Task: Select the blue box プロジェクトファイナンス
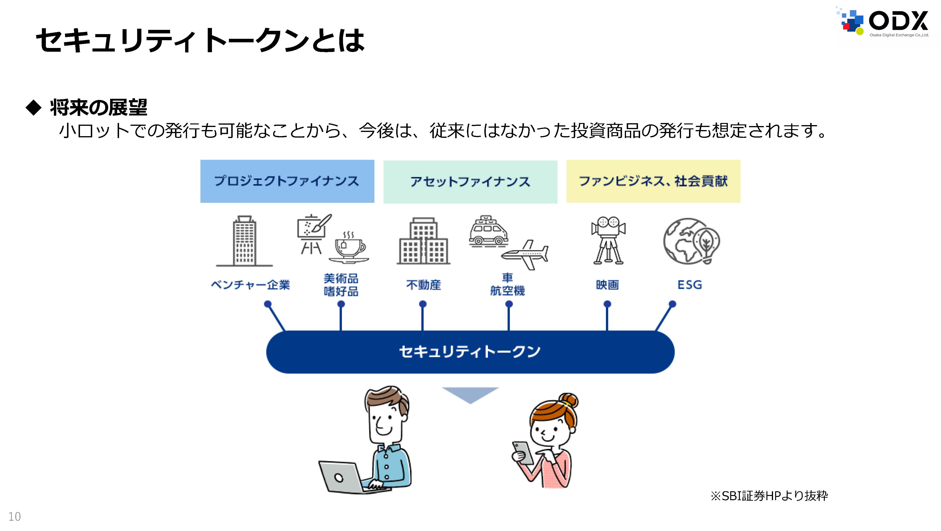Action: (x=287, y=181)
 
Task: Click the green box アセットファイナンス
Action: (x=470, y=182)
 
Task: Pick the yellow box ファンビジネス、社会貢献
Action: (x=653, y=181)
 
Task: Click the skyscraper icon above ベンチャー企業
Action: (x=244, y=241)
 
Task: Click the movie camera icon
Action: (x=608, y=240)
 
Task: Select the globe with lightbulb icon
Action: (x=691, y=241)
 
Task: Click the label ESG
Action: (x=690, y=285)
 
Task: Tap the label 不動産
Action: (x=423, y=285)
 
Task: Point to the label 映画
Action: (x=607, y=285)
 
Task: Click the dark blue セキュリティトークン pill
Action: (x=470, y=352)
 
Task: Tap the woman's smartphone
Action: (x=523, y=453)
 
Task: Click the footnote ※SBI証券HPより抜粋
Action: (x=769, y=496)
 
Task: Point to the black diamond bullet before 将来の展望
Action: (x=34, y=107)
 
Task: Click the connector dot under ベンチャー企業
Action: (x=268, y=304)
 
